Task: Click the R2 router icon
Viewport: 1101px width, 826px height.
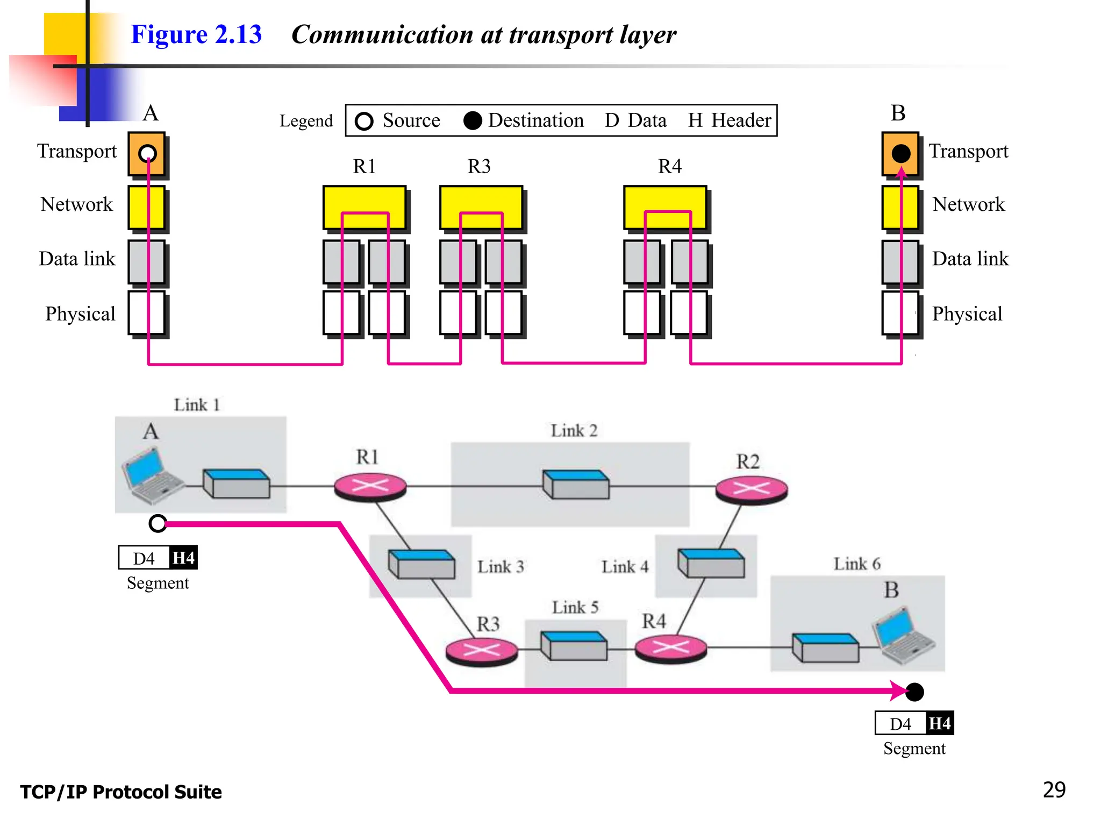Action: pos(751,489)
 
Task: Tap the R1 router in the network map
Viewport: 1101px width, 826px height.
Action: pos(370,486)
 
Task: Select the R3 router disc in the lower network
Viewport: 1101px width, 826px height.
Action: pos(482,650)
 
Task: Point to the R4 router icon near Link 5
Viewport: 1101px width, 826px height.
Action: pos(670,647)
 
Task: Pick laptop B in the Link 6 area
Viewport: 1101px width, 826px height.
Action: pos(904,636)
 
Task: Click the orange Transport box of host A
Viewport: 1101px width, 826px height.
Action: pos(147,154)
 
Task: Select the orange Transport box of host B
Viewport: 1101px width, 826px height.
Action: pos(900,154)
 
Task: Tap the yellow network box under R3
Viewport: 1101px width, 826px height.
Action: pos(481,207)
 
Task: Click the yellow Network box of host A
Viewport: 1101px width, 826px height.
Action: pos(147,208)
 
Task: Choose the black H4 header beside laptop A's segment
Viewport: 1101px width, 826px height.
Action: pos(183,558)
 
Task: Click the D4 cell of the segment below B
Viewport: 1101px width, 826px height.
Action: pos(900,723)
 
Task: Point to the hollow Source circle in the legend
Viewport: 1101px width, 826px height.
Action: pos(364,121)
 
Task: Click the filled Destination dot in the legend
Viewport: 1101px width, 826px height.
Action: pos(473,121)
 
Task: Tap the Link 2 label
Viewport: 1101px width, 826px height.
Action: pos(574,430)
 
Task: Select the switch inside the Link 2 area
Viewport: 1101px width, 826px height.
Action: pos(576,484)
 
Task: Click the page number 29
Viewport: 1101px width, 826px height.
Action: pos(1054,789)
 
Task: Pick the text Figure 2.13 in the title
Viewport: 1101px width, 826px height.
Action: pos(196,34)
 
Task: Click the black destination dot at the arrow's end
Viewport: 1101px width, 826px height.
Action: pos(914,692)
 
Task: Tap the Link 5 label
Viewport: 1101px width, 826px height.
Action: pos(575,607)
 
